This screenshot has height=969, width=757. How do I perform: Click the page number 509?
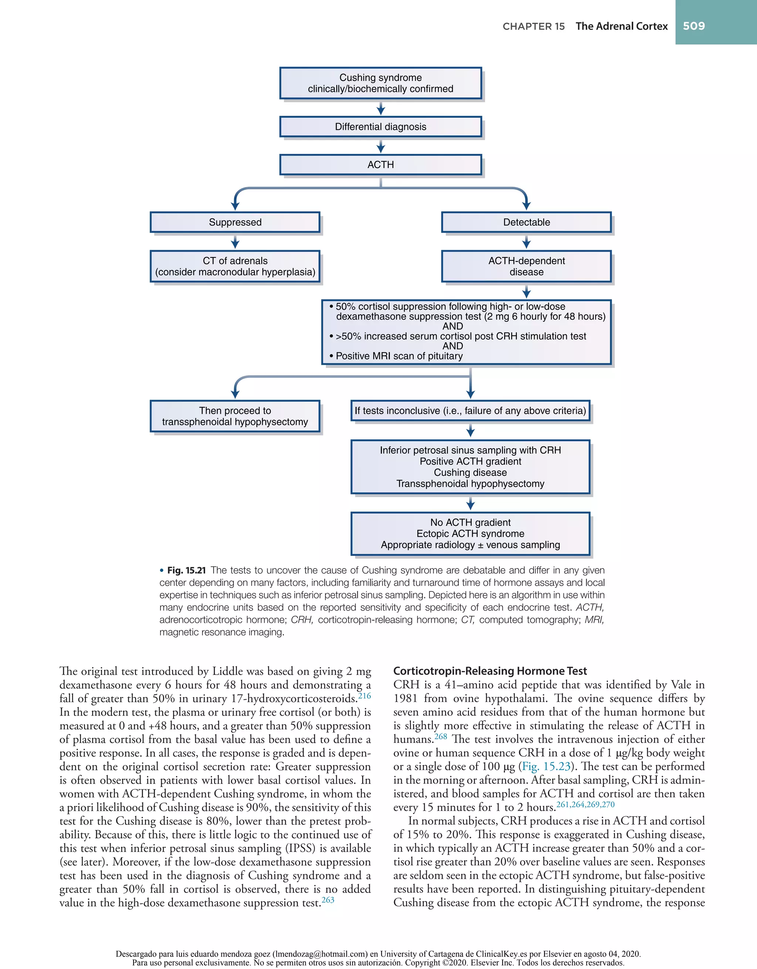(x=693, y=26)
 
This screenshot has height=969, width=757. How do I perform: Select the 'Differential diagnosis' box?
(x=380, y=127)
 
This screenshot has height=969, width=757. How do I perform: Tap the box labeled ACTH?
(x=380, y=165)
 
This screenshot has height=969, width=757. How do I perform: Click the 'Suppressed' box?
(x=235, y=222)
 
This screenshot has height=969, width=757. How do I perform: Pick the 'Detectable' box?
(x=526, y=222)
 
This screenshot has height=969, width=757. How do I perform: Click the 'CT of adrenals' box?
(x=235, y=266)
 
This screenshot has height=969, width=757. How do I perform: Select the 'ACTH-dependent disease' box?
(x=526, y=266)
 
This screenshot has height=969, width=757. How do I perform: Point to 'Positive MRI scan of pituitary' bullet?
(x=399, y=356)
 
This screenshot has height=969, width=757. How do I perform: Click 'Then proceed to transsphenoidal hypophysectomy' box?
(x=235, y=416)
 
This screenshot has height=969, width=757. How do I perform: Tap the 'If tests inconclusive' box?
(x=470, y=411)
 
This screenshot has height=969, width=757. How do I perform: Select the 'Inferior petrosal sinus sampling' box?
(x=470, y=467)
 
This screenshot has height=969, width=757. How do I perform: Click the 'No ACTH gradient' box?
(x=470, y=533)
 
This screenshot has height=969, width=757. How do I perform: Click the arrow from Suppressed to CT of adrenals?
(x=235, y=242)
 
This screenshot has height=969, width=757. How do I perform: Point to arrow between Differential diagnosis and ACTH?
(x=380, y=146)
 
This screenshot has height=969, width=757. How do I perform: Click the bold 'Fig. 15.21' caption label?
(x=186, y=570)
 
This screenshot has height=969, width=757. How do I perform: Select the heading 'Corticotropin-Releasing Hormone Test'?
(x=490, y=671)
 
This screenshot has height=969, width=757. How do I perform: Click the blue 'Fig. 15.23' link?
(x=546, y=766)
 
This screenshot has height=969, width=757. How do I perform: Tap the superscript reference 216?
(x=364, y=696)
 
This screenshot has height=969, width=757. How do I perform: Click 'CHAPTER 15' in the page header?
(x=533, y=27)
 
